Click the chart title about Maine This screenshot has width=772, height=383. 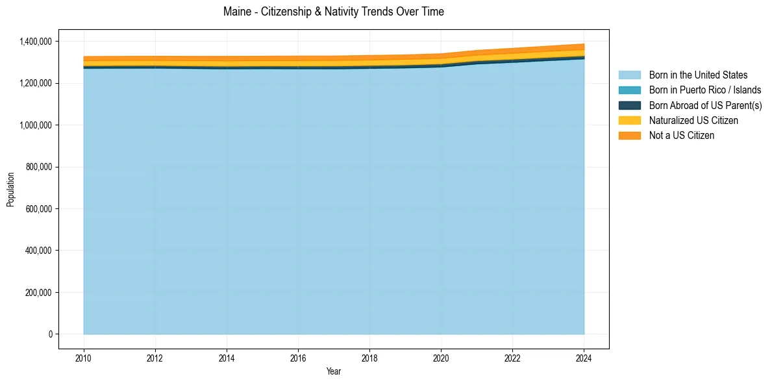tap(333, 12)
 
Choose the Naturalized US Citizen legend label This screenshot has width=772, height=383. tap(693, 120)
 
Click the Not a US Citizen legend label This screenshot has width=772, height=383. tap(681, 135)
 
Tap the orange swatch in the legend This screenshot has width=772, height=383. tap(629, 135)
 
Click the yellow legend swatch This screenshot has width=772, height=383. tap(629, 120)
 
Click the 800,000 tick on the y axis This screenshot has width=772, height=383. tap(38, 167)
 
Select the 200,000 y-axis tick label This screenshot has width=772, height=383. tap(38, 292)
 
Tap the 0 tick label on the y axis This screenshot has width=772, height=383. tap(50, 334)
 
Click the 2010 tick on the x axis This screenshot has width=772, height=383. tap(84, 358)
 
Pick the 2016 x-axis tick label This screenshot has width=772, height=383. tap(298, 358)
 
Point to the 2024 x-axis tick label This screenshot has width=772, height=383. tap(584, 358)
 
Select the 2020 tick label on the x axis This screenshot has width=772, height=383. tap(441, 358)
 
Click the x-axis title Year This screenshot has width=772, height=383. tap(333, 372)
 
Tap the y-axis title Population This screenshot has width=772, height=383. tap(10, 190)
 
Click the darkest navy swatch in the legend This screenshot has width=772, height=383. tap(629, 105)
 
